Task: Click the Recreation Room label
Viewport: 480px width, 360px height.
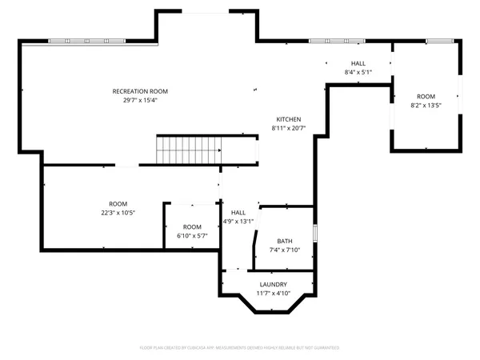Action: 140,91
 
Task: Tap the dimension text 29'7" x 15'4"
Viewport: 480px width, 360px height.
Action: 140,100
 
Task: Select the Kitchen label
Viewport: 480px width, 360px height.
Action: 289,119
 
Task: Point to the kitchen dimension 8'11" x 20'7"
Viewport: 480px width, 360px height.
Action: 289,128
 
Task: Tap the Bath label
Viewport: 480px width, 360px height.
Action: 285,242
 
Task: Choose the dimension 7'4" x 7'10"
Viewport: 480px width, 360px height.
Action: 285,250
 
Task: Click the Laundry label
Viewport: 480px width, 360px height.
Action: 274,285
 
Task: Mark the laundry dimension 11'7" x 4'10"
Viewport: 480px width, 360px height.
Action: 274,294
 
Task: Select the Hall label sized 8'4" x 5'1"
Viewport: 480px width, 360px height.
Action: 358,63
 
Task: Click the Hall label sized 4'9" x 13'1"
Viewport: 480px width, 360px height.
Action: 238,213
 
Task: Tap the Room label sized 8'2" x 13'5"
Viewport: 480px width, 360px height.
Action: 426,95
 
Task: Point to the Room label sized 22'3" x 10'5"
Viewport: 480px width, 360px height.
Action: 118,204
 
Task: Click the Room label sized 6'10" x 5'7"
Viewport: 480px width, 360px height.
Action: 192,227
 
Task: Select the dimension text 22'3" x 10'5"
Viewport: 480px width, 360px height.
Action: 118,213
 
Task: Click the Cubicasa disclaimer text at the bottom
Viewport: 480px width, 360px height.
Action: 240,348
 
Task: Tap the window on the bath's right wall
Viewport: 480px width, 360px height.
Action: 316,233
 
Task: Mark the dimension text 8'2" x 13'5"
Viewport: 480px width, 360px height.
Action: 426,104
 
